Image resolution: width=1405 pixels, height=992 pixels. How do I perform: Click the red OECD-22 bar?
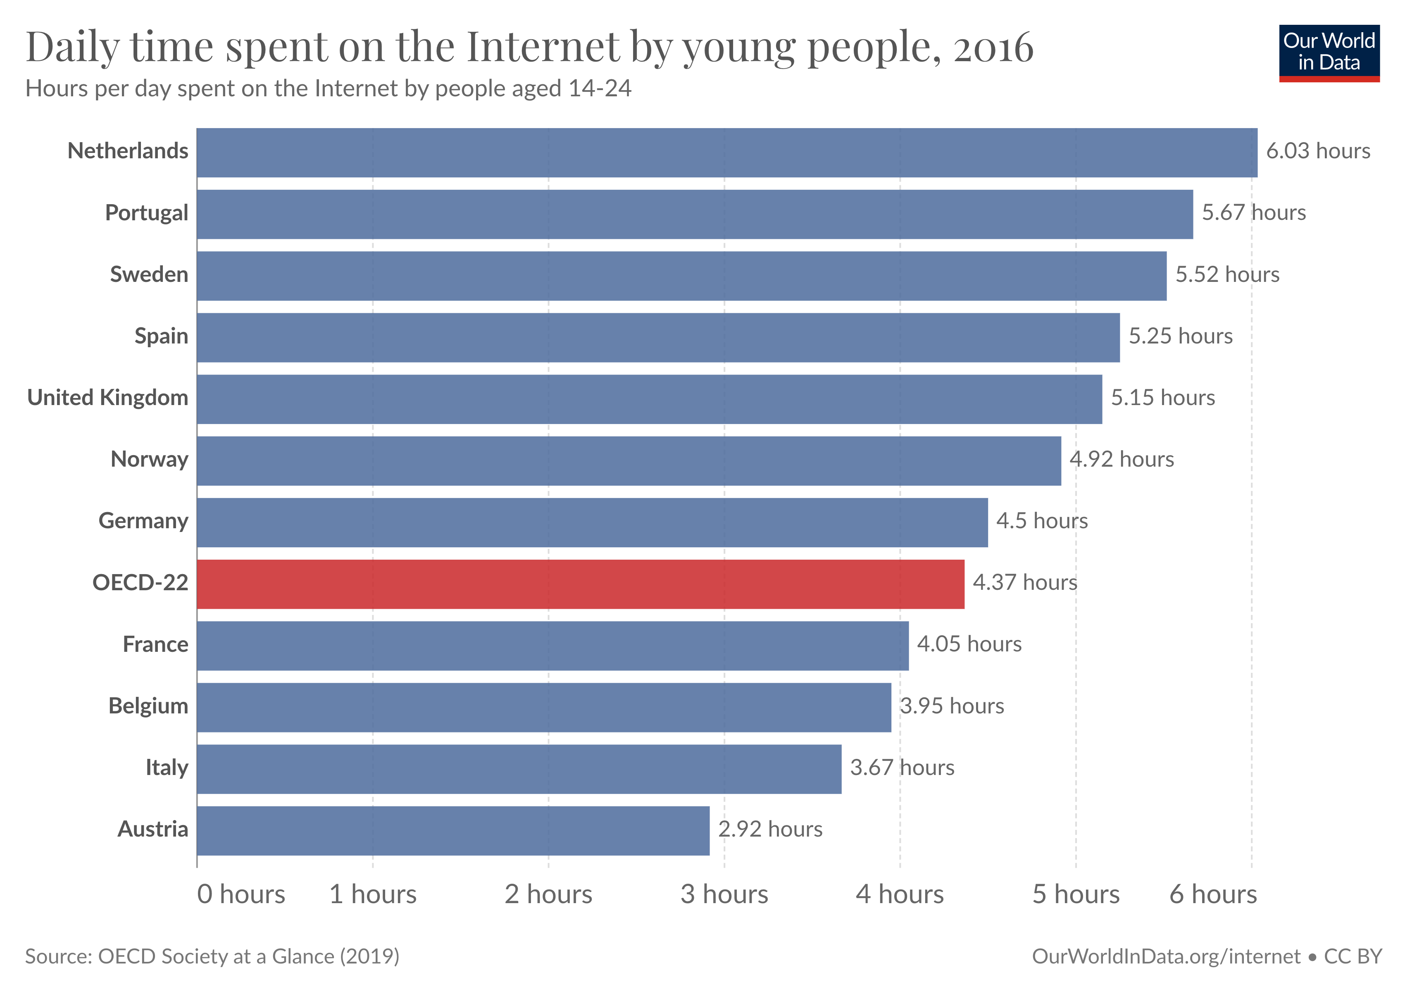click(x=580, y=584)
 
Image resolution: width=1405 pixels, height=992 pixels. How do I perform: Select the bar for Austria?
click(x=453, y=830)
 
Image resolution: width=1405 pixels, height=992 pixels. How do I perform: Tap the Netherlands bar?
click(x=727, y=153)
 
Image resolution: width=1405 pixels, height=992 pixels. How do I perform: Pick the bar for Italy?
click(x=519, y=769)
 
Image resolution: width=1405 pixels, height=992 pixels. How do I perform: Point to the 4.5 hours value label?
click(x=1041, y=521)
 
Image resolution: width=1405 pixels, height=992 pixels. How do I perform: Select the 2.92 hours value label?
click(x=770, y=829)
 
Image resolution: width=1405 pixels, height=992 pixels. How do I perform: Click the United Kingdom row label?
click(x=108, y=398)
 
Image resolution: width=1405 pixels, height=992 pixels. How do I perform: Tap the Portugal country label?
click(x=146, y=213)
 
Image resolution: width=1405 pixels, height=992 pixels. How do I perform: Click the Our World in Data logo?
click(x=1329, y=52)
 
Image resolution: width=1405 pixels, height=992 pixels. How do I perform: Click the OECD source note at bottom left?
click(x=212, y=956)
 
